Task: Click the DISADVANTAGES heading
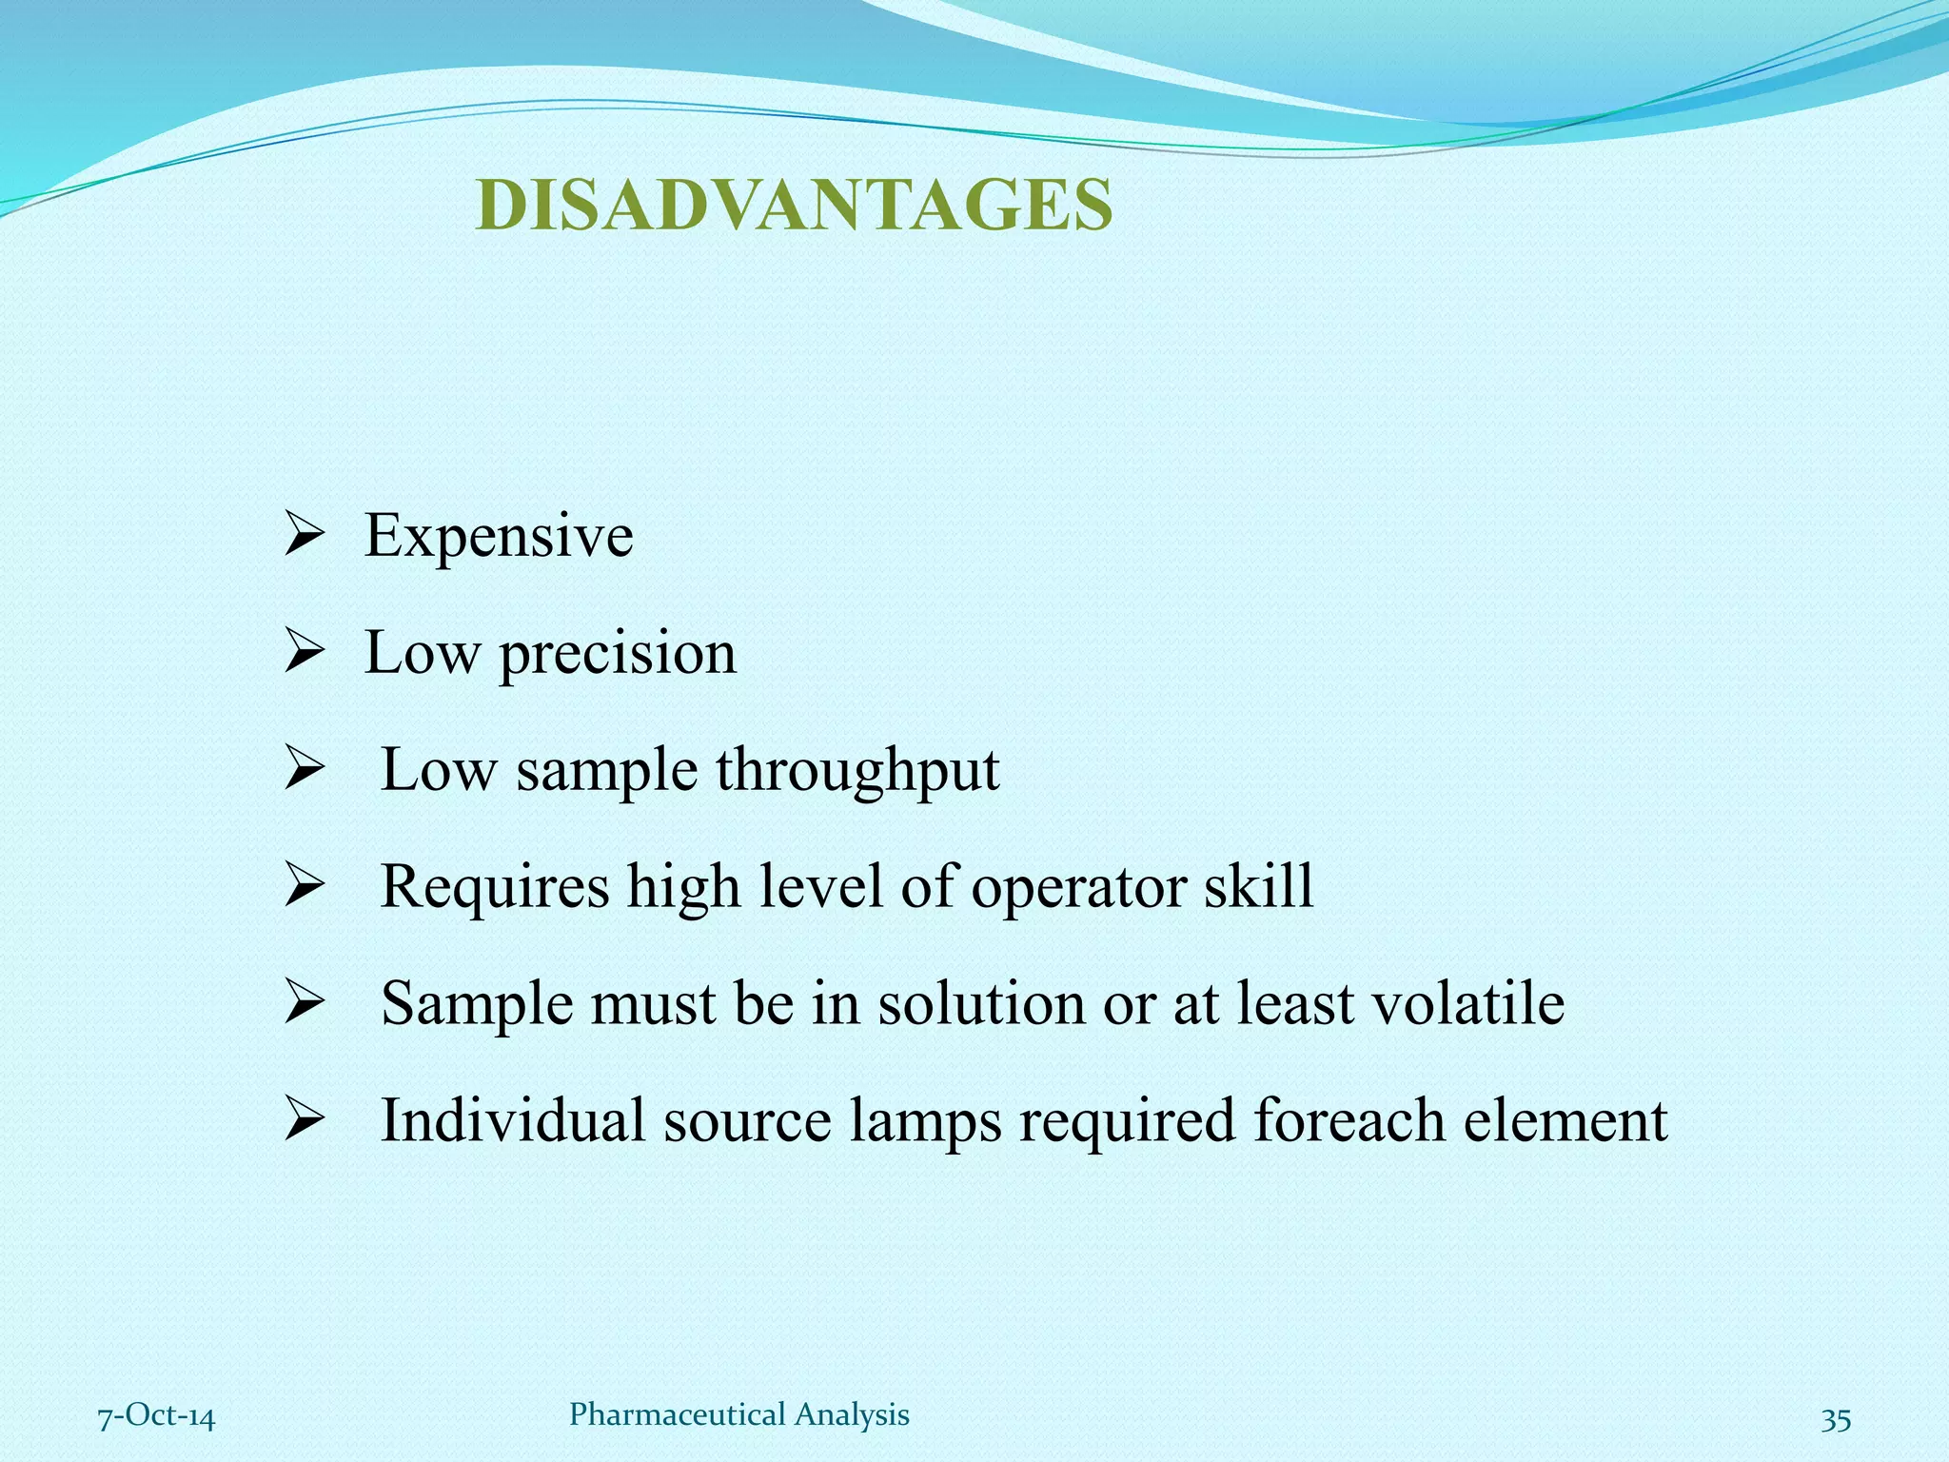pos(794,206)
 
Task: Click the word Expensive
pos(499,536)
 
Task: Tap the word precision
pos(618,654)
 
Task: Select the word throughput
pos(857,770)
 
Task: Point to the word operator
pos(1078,887)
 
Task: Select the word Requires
pos(495,887)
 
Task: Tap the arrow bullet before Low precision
pos(305,655)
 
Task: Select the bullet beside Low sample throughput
pos(305,771)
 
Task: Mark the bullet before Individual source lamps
pos(305,1121)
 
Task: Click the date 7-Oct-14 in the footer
pos(157,1417)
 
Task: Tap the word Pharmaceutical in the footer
pos(678,1415)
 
